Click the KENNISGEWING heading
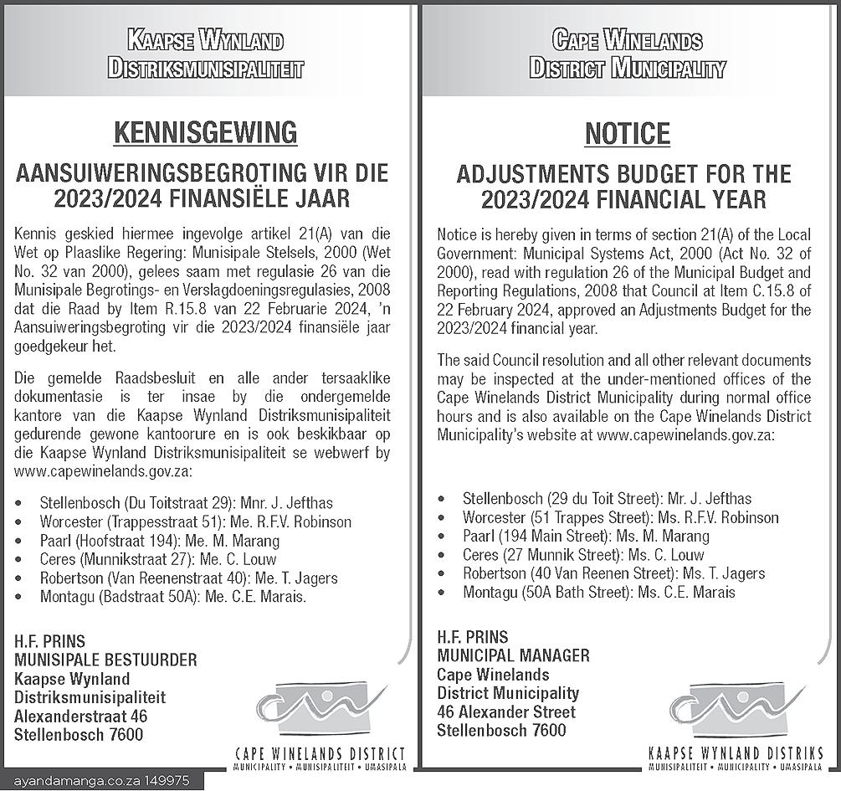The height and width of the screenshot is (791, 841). point(205,132)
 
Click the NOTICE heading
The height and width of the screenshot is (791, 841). point(627,133)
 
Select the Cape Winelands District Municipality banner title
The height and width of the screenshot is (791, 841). point(627,54)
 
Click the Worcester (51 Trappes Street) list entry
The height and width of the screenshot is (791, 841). point(620,517)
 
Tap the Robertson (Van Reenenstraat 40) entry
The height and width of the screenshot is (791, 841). point(188,578)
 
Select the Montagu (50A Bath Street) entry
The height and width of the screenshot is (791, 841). point(598,592)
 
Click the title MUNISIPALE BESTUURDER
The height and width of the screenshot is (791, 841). point(105,660)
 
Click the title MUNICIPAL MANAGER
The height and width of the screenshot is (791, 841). point(513,655)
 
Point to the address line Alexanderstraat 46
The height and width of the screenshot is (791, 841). point(80,716)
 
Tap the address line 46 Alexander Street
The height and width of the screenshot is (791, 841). point(506,711)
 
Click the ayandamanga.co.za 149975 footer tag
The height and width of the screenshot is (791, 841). point(101,781)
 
